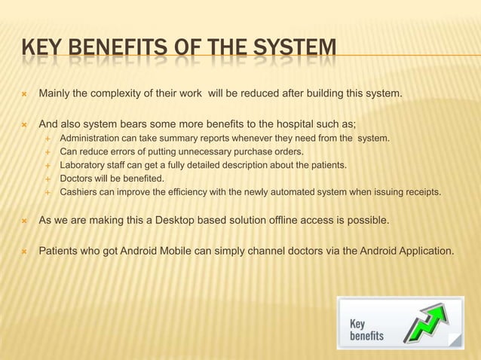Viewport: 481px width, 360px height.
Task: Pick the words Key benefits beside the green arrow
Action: (366, 330)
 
